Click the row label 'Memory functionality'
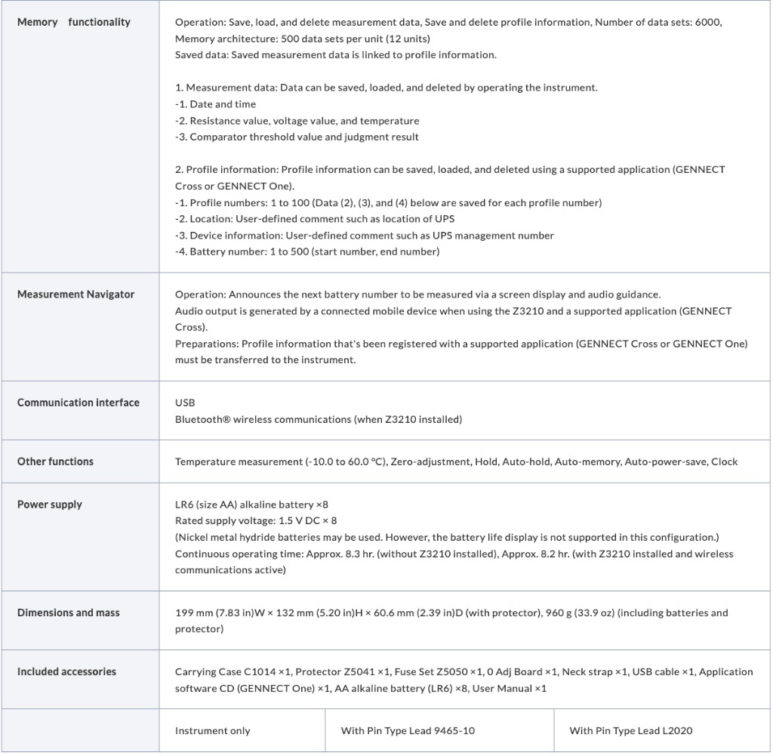73,23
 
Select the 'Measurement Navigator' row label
75,295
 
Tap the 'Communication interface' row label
79,403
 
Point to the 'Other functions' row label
55,461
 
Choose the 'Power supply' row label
50,505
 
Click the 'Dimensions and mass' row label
68,613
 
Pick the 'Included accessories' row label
66,671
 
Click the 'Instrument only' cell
212,730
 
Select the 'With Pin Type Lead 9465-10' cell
408,730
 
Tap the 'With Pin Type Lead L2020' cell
630,730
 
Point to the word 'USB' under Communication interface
185,403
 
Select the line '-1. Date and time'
215,104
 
